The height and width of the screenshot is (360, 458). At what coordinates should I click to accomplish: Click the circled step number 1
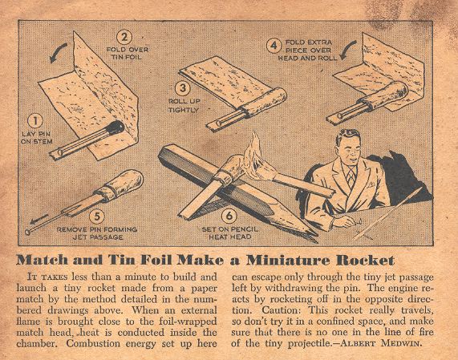[35, 121]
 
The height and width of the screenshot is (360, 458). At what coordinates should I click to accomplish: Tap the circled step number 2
[124, 38]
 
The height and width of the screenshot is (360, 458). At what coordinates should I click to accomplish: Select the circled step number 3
[183, 88]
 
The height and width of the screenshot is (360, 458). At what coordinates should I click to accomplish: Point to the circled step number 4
[274, 46]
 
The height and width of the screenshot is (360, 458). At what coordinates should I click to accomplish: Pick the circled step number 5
[97, 216]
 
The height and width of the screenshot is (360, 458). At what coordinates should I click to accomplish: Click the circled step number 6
[229, 216]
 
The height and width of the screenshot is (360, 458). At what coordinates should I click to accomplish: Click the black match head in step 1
[116, 127]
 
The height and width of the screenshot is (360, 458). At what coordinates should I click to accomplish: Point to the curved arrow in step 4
[348, 50]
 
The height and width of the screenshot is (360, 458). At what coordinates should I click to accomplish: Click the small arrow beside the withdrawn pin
[39, 219]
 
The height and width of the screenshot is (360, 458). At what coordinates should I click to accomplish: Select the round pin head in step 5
[28, 233]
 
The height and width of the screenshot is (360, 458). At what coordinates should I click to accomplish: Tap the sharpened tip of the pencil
[313, 235]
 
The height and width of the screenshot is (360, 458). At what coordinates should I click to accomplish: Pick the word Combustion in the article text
[93, 343]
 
